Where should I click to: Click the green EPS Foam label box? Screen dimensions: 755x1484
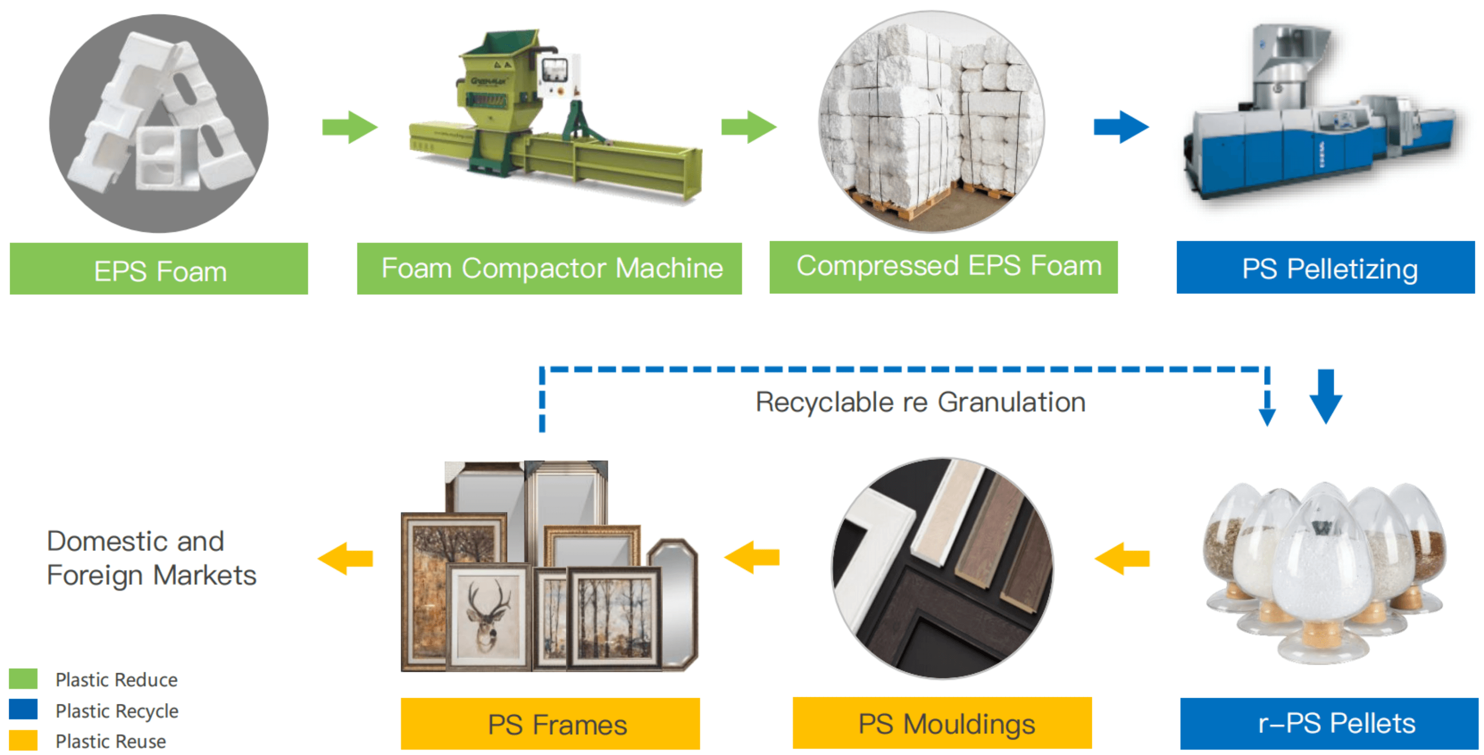(x=158, y=269)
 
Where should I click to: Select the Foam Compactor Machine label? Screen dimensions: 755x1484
(x=549, y=269)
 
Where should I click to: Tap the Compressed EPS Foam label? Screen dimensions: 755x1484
(x=943, y=267)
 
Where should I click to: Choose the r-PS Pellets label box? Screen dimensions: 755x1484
(x=1329, y=723)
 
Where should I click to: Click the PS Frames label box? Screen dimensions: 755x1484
(x=550, y=723)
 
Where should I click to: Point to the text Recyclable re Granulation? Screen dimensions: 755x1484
(x=920, y=402)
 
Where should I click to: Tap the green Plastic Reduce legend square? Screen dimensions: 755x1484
(x=23, y=678)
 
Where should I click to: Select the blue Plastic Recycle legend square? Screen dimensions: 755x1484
(x=23, y=709)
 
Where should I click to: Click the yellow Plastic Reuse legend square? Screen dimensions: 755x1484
(x=23, y=740)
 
